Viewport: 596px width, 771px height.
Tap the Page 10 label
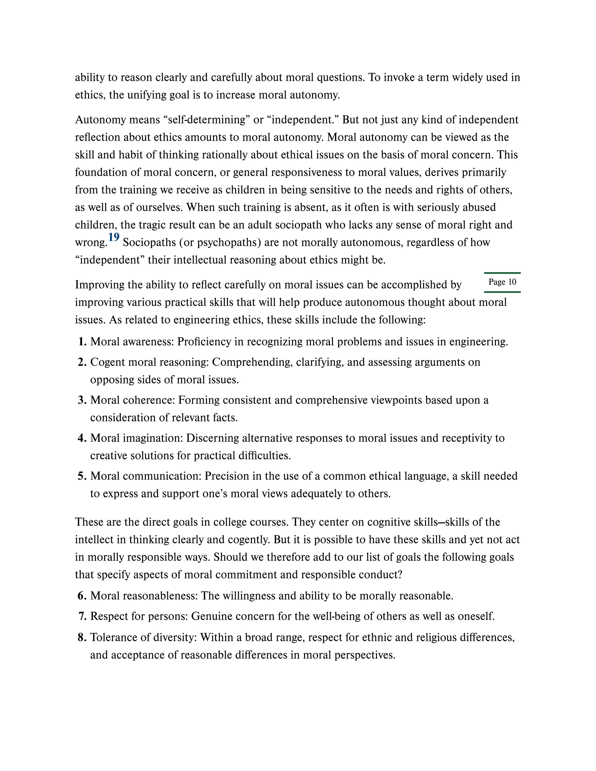502,282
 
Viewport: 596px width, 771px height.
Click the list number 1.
82,342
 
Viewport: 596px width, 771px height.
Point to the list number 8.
82,637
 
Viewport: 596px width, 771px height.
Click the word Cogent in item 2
108,362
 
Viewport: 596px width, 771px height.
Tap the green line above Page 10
502,273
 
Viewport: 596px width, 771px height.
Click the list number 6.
82,596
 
